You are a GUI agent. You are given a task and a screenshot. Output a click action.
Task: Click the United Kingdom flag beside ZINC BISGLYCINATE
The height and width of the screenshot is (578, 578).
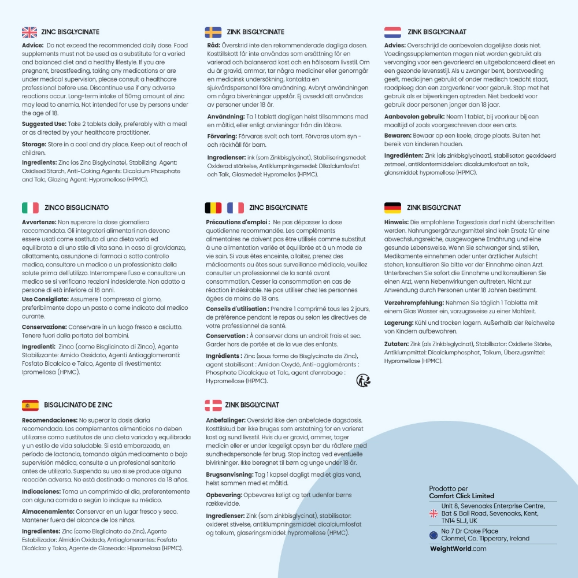(x=29, y=32)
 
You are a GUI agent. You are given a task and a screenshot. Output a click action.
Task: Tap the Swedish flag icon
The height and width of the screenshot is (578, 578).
(x=213, y=32)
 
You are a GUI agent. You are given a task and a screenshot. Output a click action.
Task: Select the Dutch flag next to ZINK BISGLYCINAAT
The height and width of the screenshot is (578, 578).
(x=393, y=32)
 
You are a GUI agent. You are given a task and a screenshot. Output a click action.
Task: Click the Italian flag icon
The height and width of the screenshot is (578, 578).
(x=29, y=208)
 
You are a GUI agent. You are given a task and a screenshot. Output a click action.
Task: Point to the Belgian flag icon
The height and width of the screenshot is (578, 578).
(x=213, y=208)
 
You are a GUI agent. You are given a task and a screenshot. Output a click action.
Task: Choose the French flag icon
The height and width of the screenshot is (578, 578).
(x=235, y=208)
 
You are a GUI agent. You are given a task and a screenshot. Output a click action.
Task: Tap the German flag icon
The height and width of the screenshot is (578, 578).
(x=393, y=208)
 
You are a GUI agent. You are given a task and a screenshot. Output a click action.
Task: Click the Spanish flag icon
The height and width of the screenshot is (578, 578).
(x=29, y=405)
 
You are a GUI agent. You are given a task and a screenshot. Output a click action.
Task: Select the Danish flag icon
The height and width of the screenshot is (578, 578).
(x=213, y=405)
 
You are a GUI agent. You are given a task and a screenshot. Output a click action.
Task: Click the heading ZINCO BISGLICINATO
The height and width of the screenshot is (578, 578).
(x=76, y=208)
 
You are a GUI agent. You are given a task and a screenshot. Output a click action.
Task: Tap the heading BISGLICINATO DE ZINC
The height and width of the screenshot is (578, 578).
(x=78, y=405)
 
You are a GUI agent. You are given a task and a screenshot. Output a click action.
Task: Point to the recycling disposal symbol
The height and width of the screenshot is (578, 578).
(x=364, y=380)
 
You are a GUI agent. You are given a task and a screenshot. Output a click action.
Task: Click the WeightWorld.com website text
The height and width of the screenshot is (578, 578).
(x=458, y=549)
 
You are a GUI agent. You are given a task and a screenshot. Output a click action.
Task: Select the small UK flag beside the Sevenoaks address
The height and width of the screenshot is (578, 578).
(x=433, y=513)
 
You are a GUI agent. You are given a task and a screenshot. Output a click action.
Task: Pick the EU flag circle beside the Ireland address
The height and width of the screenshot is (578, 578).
(x=433, y=535)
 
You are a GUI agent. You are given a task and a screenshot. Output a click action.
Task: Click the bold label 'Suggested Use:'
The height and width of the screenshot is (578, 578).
(x=43, y=124)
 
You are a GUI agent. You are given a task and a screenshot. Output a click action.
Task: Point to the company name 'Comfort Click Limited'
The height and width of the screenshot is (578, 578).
(x=461, y=496)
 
